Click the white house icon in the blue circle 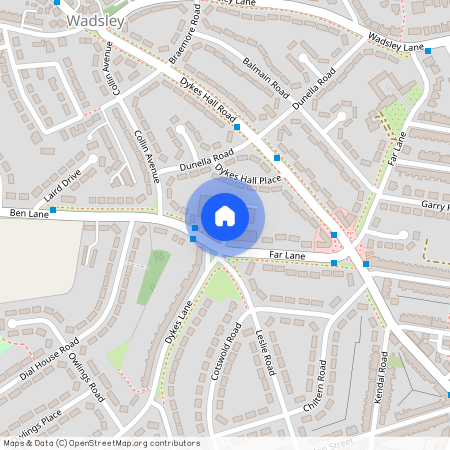point(225,215)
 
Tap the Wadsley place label point(96,21)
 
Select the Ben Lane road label point(29,213)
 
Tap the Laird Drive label point(61,181)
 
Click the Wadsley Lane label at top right point(396,41)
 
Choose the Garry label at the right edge point(434,205)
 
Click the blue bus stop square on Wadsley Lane point(427,49)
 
